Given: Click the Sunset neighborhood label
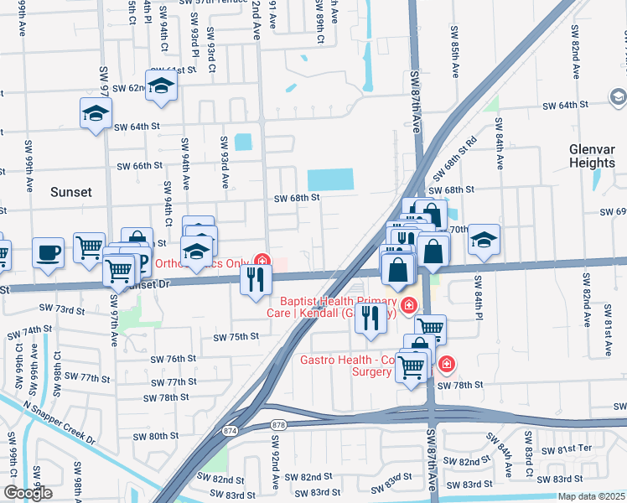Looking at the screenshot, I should tap(71, 192).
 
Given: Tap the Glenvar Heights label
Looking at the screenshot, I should tap(592, 155).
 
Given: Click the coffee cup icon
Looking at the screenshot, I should tap(49, 251).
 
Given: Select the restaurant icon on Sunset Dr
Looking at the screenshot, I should tap(256, 279).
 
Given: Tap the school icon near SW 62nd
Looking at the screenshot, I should tap(161, 85).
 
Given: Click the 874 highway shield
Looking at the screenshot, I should tap(230, 430).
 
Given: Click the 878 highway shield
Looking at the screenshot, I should tap(278, 426).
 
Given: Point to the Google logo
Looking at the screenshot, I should tap(28, 493).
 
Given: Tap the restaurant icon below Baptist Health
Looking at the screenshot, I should tap(367, 318).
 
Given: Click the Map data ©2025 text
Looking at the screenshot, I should tap(591, 496).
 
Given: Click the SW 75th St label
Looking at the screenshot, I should tap(236, 337).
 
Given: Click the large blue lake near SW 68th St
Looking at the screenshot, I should tap(330, 179).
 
